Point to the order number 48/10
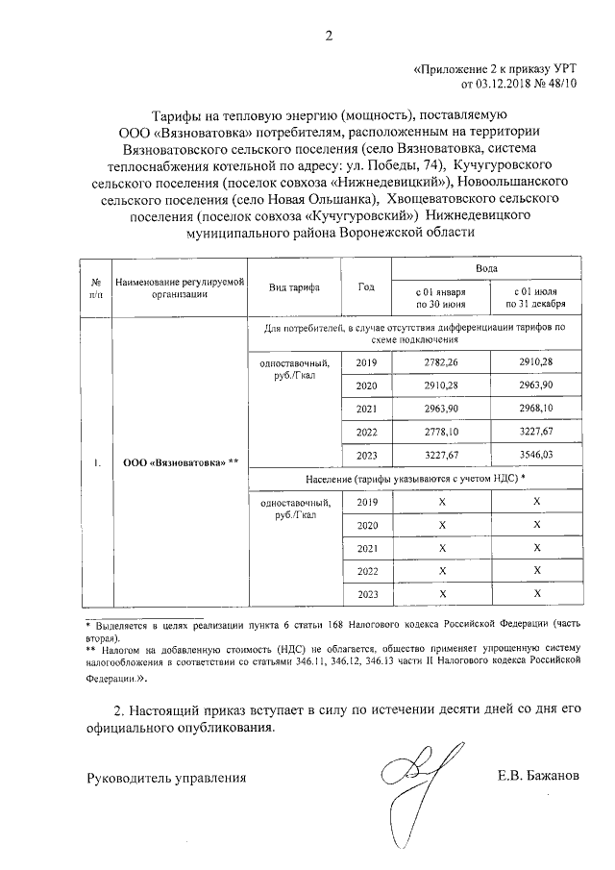click(x=562, y=85)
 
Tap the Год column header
click(x=365, y=287)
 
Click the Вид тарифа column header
click(x=295, y=287)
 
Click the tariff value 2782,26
click(x=441, y=362)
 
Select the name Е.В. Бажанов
click(x=539, y=777)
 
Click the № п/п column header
click(x=96, y=287)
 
